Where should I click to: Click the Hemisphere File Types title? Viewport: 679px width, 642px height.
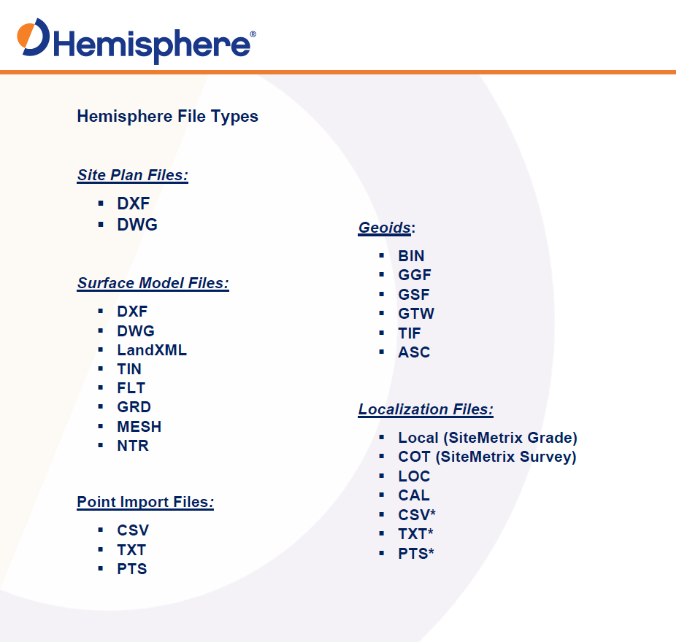point(168,117)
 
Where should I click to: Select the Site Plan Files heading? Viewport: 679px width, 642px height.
point(132,175)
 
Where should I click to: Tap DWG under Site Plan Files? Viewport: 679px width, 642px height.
point(137,225)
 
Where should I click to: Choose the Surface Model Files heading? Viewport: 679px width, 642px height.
point(153,283)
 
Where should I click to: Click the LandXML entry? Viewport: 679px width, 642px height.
point(152,350)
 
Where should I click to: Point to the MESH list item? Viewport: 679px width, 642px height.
point(139,427)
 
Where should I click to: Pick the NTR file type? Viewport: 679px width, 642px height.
point(133,446)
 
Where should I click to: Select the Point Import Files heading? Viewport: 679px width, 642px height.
point(145,502)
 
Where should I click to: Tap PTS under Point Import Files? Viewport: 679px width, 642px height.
point(132,569)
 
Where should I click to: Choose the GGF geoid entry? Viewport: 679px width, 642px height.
point(415,275)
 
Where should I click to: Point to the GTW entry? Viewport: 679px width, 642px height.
point(416,314)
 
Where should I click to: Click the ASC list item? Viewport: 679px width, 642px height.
point(414,352)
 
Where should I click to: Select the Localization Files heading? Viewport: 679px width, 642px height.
point(426,410)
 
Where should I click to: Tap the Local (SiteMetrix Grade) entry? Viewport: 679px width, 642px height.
point(488,438)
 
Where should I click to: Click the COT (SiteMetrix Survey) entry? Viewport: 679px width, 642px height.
point(487,457)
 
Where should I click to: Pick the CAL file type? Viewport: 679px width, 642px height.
point(414,495)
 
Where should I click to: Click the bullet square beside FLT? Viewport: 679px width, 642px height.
point(101,387)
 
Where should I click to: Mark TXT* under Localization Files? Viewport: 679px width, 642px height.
point(415,534)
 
